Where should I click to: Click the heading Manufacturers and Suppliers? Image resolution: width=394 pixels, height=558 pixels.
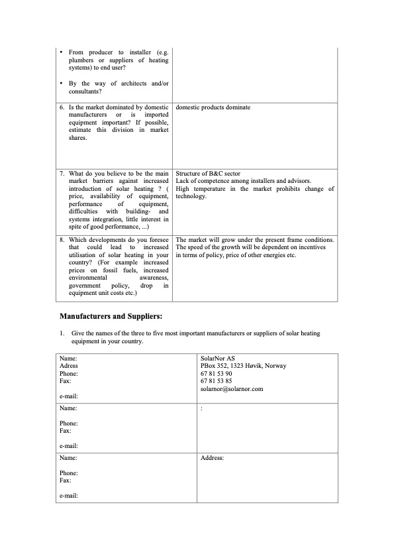point(111,316)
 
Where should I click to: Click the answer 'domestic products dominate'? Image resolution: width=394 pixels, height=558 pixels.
point(213,107)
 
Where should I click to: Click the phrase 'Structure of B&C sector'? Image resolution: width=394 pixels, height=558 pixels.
point(208,173)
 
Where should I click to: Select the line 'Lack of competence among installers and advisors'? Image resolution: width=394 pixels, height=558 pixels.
point(243,181)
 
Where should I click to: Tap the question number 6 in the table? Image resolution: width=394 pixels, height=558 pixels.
point(62,107)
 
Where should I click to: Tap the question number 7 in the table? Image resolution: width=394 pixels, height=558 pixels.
point(62,173)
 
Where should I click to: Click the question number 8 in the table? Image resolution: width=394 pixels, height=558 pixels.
point(62,239)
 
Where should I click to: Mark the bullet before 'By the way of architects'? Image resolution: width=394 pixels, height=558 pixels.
point(61,84)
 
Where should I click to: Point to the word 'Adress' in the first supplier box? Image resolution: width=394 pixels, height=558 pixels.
point(69,366)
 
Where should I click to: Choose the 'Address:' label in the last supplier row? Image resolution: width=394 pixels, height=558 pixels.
point(212,457)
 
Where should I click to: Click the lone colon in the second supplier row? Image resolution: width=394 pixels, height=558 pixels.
point(201,409)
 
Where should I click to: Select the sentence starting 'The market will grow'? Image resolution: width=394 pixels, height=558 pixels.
point(255,239)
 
